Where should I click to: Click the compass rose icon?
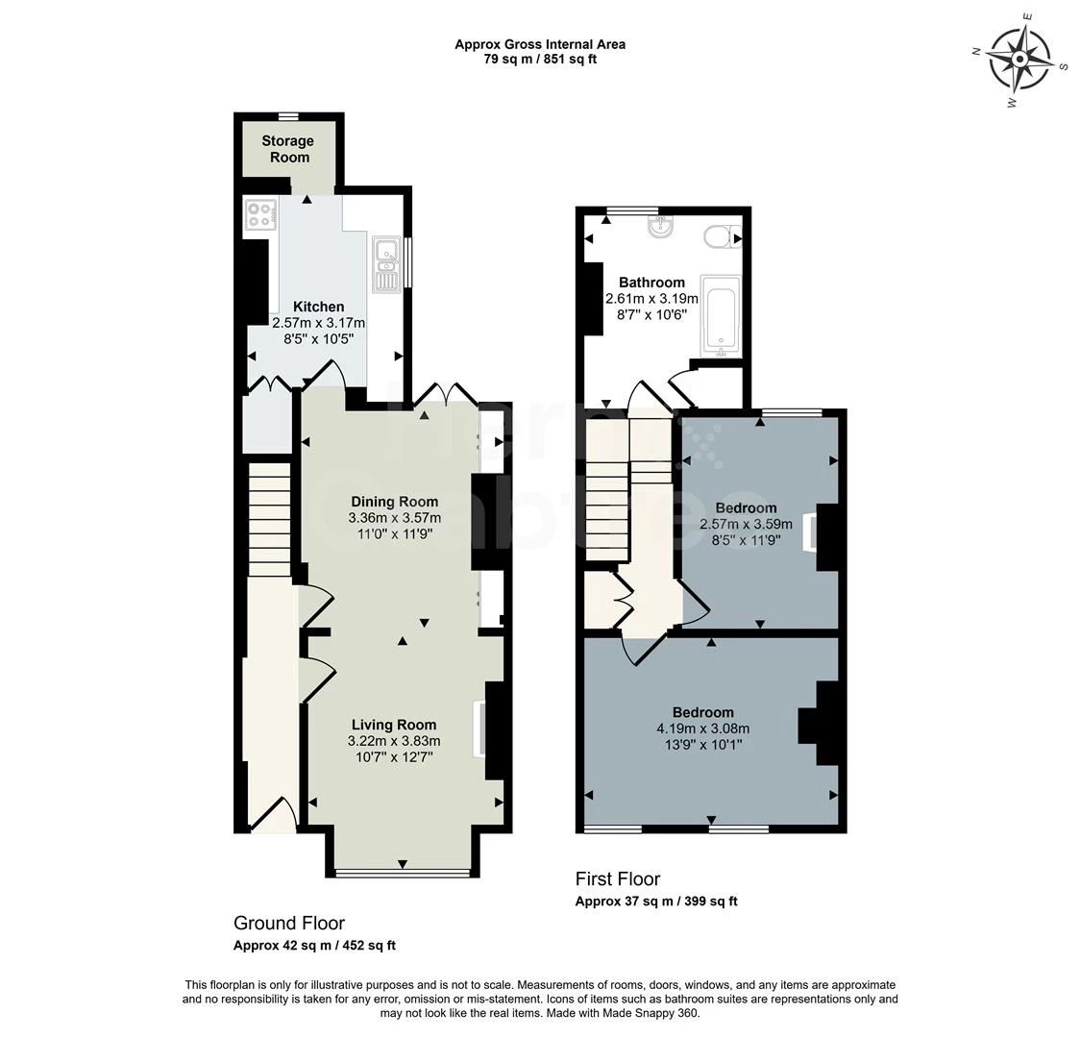coord(1020,59)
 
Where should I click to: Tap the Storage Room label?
coord(288,149)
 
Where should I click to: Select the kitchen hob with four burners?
coord(259,213)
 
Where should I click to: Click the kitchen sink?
coord(387,263)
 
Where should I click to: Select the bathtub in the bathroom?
coord(720,314)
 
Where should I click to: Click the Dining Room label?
coord(394,502)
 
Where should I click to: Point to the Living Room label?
coord(394,725)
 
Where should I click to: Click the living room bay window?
coord(403,873)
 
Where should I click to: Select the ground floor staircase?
coord(270,519)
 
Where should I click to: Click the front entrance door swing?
coord(273,815)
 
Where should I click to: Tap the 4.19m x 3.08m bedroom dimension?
coord(702,729)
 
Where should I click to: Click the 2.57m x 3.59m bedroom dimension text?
coord(746,524)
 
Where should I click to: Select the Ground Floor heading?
coord(288,923)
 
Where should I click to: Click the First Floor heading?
coord(617,878)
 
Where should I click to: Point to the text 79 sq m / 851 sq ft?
coord(539,60)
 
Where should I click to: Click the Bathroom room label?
coord(651,283)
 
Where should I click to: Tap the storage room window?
coord(288,115)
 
